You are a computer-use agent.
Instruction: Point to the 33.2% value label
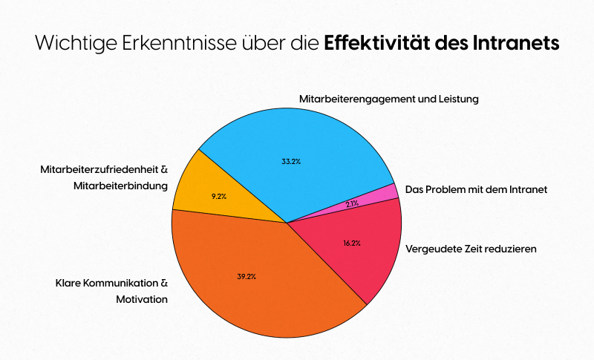click(291, 162)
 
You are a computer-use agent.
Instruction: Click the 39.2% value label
click(247, 276)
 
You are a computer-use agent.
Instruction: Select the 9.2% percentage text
click(219, 196)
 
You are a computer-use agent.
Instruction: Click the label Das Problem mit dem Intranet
click(476, 190)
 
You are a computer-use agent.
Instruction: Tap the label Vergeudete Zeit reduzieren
click(471, 249)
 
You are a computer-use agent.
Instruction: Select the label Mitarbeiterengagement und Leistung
click(388, 98)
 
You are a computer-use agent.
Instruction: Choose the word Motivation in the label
click(142, 299)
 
